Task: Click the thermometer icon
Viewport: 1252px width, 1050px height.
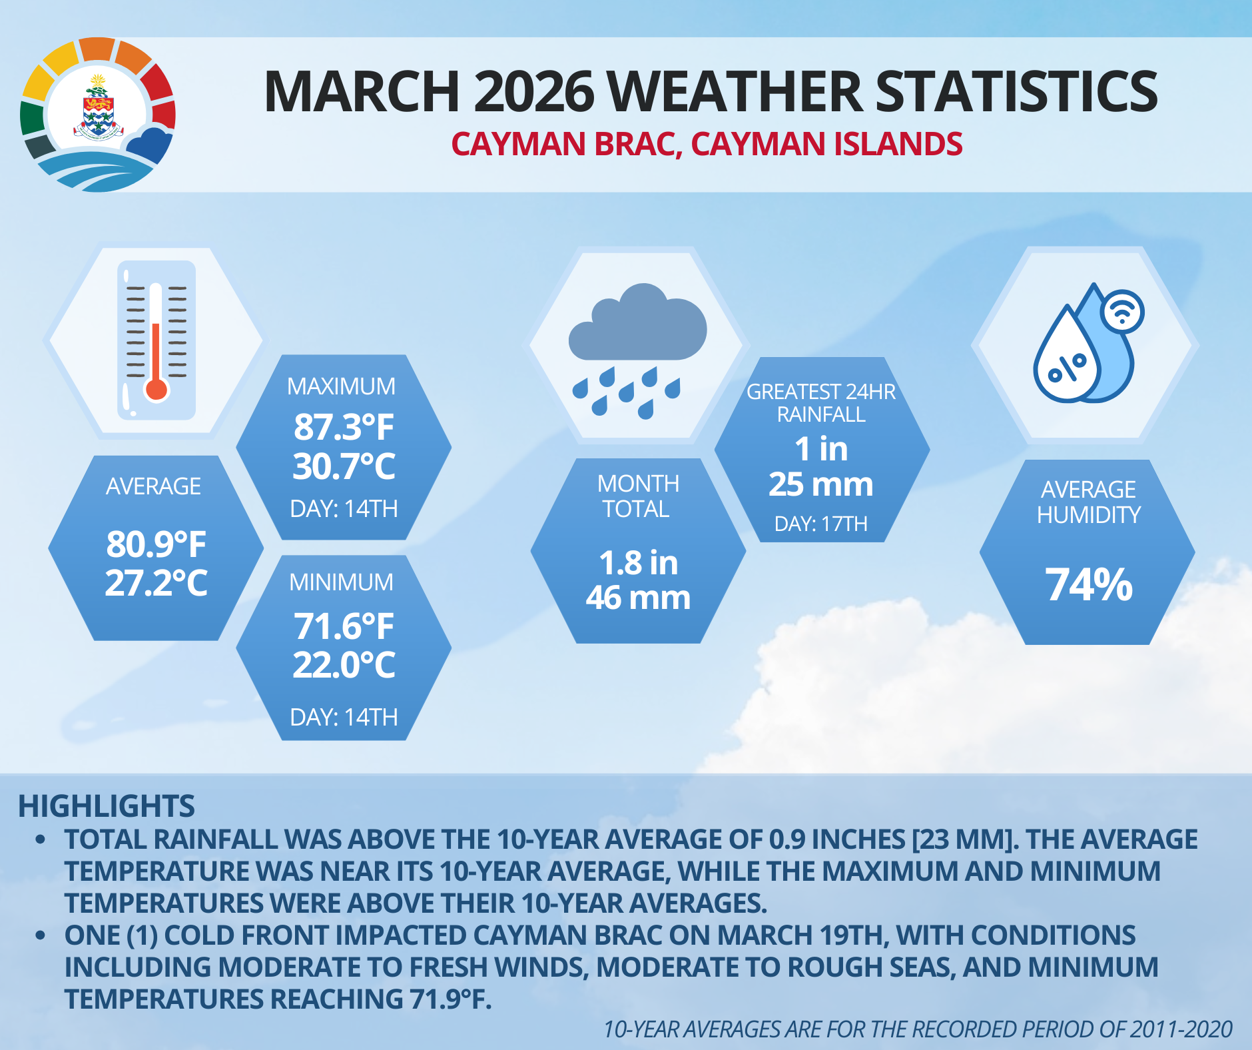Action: [x=156, y=340]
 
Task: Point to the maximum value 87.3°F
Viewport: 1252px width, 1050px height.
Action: [x=344, y=427]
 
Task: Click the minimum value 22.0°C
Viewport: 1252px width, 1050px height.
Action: [x=344, y=665]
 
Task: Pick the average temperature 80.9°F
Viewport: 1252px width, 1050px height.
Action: [x=156, y=544]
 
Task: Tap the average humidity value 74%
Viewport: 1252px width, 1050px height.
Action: [x=1089, y=584]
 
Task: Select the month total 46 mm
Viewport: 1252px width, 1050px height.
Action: [x=638, y=598]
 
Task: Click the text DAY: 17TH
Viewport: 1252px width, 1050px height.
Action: [x=820, y=524]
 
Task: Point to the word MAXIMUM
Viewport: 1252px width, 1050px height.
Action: [x=341, y=386]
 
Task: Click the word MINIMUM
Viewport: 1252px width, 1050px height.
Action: [x=341, y=582]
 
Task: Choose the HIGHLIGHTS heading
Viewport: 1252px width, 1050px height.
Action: [x=107, y=806]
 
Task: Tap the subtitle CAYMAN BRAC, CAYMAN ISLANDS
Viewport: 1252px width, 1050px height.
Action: [x=707, y=145]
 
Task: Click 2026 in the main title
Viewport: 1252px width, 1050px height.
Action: [x=533, y=91]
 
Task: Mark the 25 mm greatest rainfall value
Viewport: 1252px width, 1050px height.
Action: [x=820, y=484]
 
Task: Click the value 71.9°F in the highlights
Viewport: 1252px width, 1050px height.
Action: [x=450, y=999]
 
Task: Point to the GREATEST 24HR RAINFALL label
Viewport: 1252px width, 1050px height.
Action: [x=820, y=403]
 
